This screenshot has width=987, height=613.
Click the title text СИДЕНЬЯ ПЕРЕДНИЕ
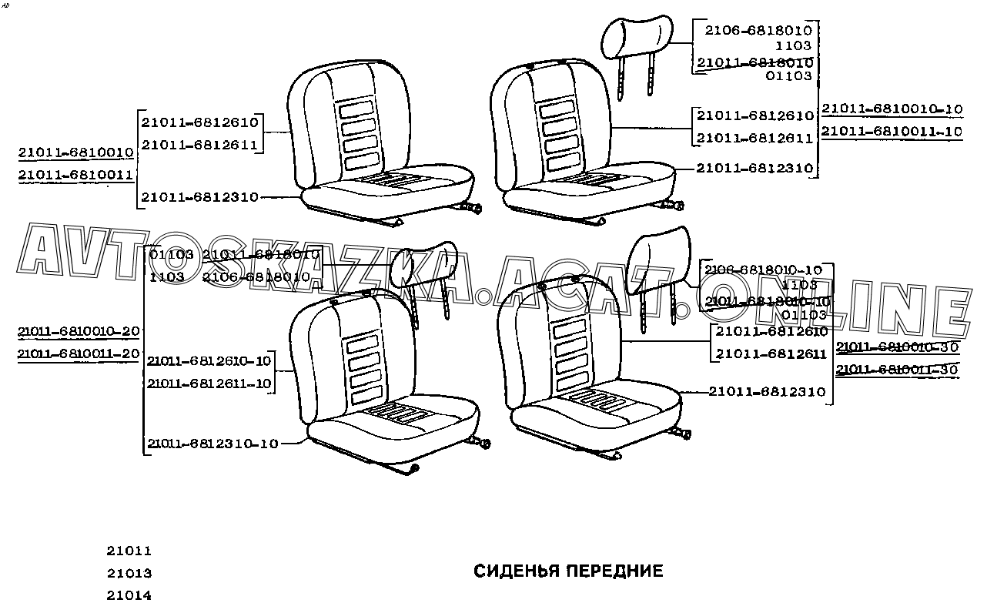[x=567, y=571]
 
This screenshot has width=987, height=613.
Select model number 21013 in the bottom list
[x=129, y=574]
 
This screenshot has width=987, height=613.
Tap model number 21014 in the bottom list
[x=129, y=595]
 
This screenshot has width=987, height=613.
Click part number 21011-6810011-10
[x=892, y=132]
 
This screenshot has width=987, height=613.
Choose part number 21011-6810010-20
[x=79, y=331]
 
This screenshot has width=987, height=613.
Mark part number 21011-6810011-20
[x=79, y=353]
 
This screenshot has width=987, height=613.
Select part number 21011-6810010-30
[x=897, y=347]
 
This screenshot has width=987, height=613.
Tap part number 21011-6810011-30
[x=897, y=370]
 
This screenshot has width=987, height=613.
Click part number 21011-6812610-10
[x=209, y=360]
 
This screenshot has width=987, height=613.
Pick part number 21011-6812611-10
[x=209, y=383]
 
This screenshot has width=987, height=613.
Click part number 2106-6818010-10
[x=763, y=270]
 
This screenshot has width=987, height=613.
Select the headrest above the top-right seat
[x=639, y=35]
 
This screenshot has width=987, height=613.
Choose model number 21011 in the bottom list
[x=129, y=551]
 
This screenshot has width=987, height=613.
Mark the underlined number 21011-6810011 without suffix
[x=76, y=175]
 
